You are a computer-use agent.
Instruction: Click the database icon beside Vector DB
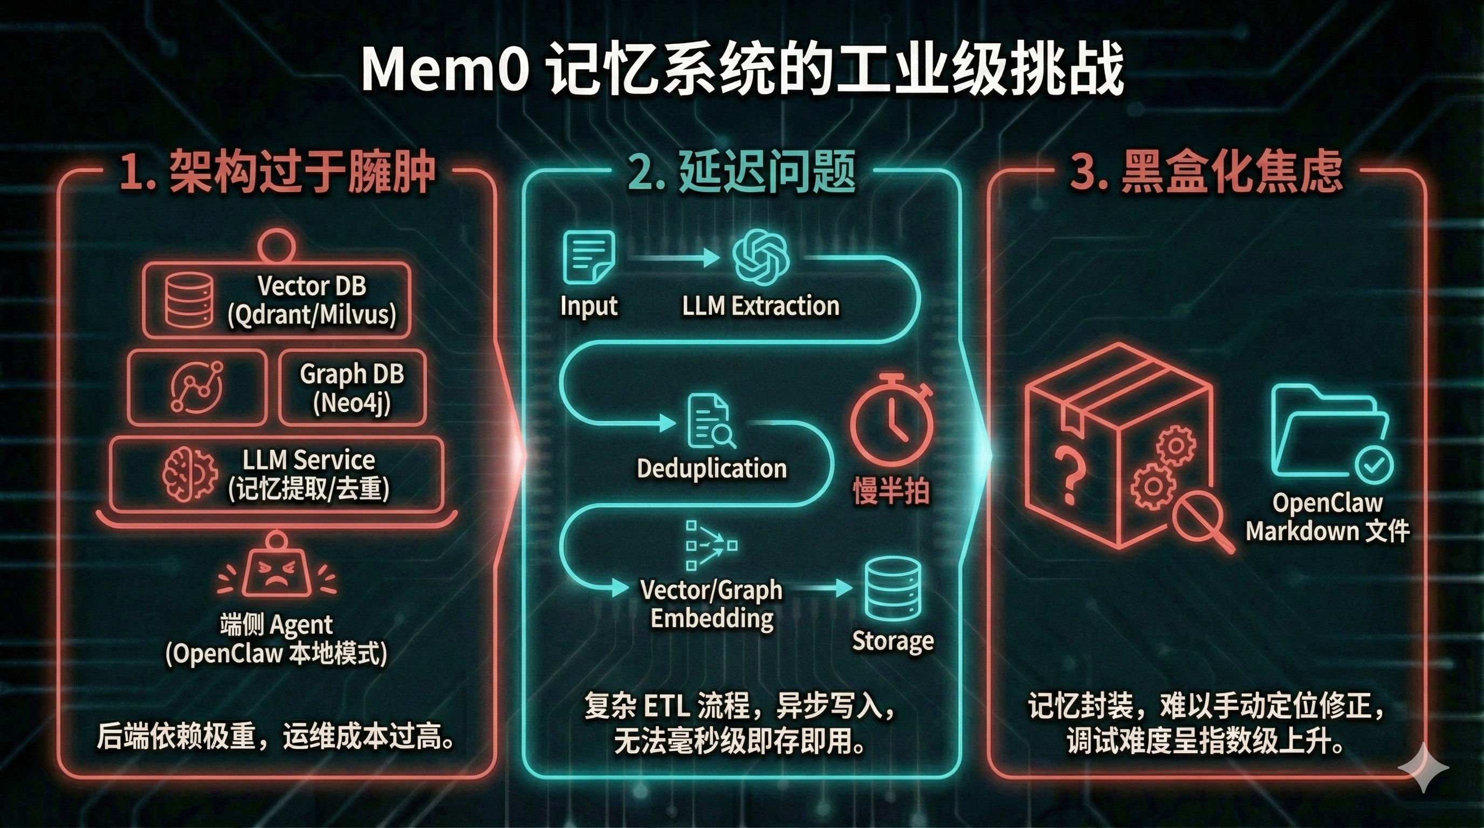pyautogui.click(x=189, y=300)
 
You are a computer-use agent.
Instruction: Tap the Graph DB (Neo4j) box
pyautogui.click(x=352, y=388)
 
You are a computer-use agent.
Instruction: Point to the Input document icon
pyautogui.click(x=588, y=257)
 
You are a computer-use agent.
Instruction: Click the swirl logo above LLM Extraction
pyautogui.click(x=760, y=257)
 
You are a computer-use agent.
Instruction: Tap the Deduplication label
pyautogui.click(x=711, y=468)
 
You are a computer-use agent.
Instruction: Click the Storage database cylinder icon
pyautogui.click(x=893, y=589)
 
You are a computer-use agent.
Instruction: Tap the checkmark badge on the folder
pyautogui.click(x=1373, y=465)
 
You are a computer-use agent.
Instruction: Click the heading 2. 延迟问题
pyautogui.click(x=741, y=171)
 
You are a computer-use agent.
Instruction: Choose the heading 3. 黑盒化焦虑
pyautogui.click(x=1206, y=171)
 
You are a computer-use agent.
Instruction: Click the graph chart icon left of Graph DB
pyautogui.click(x=197, y=387)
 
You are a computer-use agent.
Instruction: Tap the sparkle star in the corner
pyautogui.click(x=1423, y=767)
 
